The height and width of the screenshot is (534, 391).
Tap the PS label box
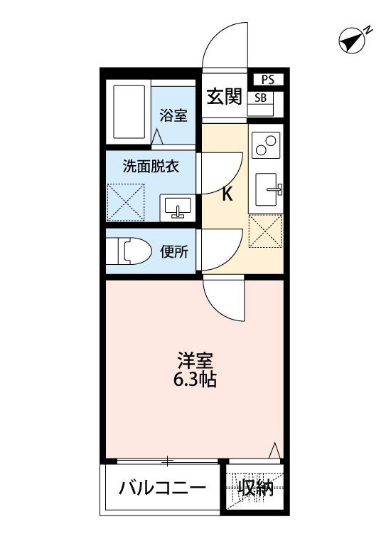[267, 80]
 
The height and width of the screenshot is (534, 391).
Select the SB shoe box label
[261, 98]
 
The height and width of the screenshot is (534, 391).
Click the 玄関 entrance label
[224, 97]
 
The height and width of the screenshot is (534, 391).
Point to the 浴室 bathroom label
[173, 115]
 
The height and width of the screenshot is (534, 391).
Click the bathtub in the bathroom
[129, 112]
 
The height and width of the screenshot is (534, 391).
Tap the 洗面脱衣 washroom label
[151, 168]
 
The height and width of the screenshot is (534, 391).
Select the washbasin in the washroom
[176, 206]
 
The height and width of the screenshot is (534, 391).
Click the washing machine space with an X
[126, 201]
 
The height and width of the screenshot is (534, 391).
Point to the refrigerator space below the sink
[266, 231]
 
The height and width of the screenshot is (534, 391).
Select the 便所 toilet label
[174, 251]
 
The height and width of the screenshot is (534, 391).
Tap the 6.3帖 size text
[195, 379]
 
